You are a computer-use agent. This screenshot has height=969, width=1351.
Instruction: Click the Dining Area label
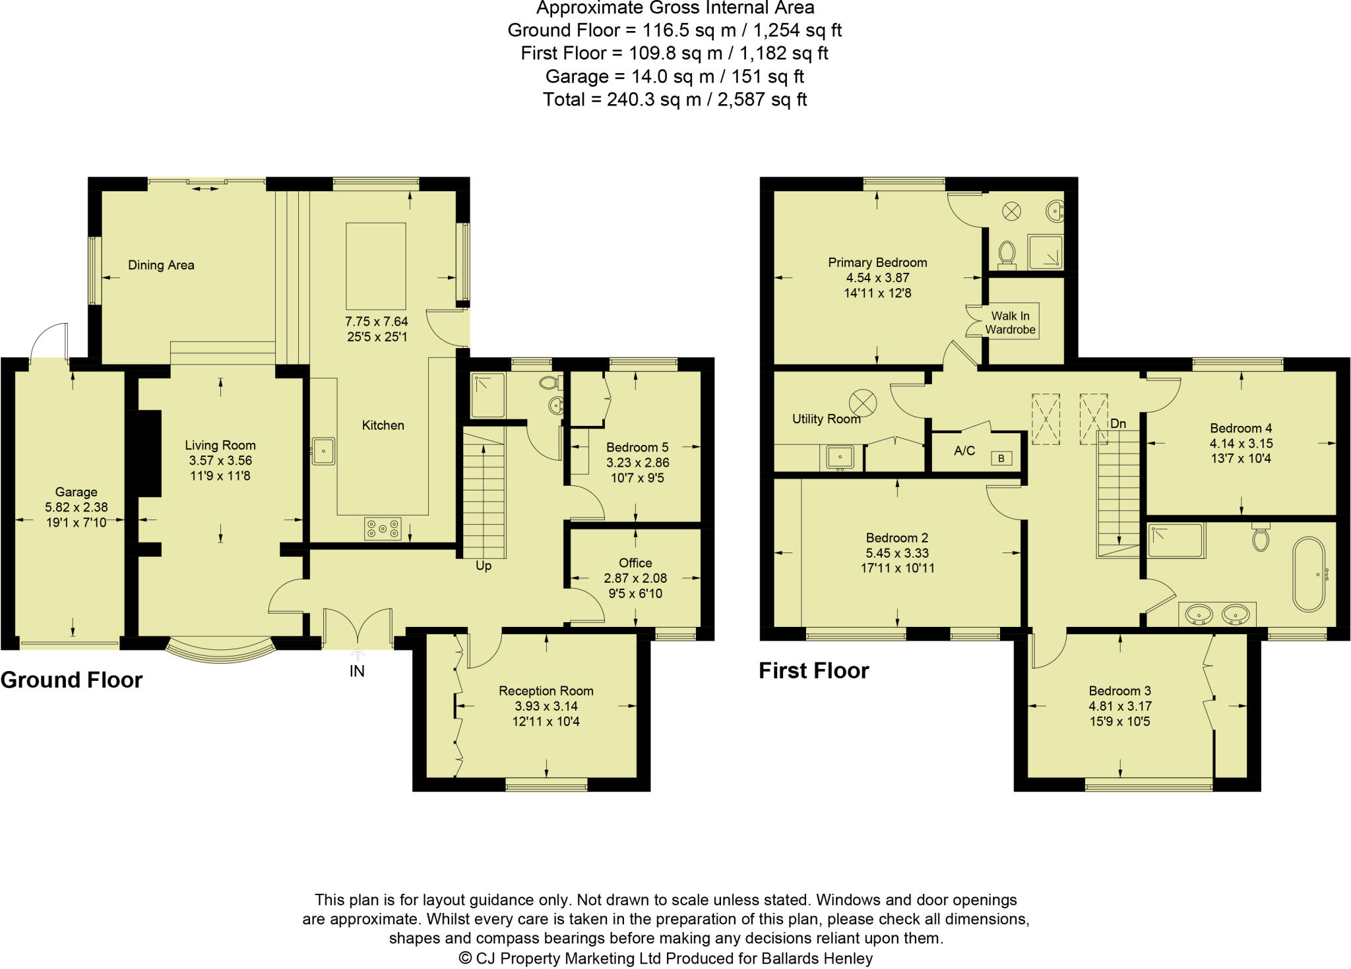coord(161,265)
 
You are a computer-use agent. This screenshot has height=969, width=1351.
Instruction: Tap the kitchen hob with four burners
coord(383,528)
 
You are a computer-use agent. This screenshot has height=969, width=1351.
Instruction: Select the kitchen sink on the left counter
coord(324,451)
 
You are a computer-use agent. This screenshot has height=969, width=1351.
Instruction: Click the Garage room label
coord(76,492)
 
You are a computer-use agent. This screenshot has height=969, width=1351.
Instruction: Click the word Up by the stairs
coord(484,566)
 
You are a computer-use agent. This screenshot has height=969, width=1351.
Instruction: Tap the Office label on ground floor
coord(635,563)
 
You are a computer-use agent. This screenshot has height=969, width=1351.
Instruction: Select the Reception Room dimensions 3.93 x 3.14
coord(546,706)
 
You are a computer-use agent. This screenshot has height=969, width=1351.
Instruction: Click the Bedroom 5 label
coord(637,447)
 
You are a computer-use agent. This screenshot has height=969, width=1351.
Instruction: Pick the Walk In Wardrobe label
coord(1010,322)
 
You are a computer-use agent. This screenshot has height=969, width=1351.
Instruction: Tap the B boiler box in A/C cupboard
coord(1001,458)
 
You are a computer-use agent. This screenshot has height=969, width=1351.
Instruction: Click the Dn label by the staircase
coord(1118,423)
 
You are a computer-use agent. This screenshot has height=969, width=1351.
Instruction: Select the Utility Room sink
coord(840,456)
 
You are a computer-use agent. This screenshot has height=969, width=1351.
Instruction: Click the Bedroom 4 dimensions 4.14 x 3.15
coord(1241,444)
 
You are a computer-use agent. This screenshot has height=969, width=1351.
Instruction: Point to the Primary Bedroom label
coord(877,262)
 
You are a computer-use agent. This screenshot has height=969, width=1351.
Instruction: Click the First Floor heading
coord(813,670)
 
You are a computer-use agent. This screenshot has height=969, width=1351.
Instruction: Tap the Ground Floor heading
coord(71,680)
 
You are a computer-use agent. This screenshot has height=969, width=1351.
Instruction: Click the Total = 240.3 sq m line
coord(675,100)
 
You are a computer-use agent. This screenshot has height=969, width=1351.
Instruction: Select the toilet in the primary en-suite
coord(1007,253)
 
